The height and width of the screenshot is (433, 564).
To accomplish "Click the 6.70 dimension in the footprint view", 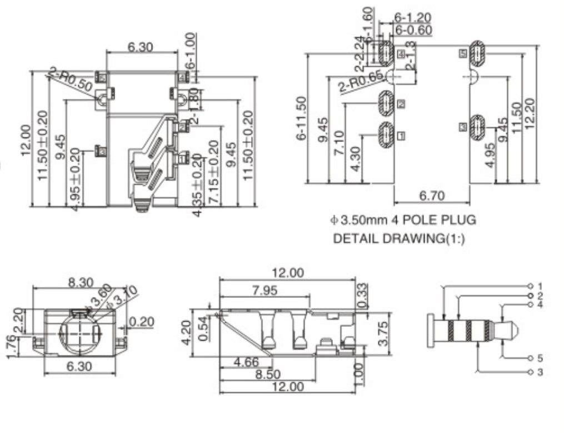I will pos(431,196).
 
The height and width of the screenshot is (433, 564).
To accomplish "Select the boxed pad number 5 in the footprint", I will pos(463,53).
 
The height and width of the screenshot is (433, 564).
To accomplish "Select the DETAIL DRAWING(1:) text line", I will pos(399,239).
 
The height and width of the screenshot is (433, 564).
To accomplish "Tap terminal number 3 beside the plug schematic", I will pos(540,372).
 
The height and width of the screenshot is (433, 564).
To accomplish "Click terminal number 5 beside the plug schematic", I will pos(540,357).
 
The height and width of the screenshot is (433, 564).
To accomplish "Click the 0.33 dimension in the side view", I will pos(362,295).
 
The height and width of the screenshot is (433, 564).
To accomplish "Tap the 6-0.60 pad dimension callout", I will pos(413,29).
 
